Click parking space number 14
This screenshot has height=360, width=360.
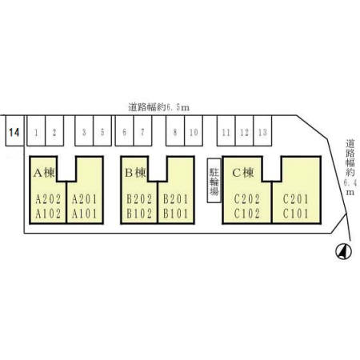pos(14,130)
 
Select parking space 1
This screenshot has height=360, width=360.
pos(36,130)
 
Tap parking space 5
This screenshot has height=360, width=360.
pos(102,130)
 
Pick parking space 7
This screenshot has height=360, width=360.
pos(142,130)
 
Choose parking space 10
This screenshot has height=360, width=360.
pos(194,130)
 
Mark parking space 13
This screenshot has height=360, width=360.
pos(262,130)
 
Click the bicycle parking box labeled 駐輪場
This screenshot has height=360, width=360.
pos(214,181)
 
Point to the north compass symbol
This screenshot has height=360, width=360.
pos(343,251)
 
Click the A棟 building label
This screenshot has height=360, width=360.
pos(44,173)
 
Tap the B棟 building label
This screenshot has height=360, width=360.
pos(136,173)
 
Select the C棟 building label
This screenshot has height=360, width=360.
pos(243,173)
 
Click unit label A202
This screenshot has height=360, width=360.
pos(48,199)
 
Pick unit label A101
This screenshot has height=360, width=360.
pos(84,214)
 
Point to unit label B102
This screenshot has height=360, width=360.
pos(139,214)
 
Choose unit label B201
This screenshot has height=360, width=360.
pos(176,199)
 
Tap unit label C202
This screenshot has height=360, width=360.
pos(247,199)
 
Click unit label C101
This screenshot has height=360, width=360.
pos(295,214)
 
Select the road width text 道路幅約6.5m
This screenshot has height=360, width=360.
pos(159,107)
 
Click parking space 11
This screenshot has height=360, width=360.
pos(226,130)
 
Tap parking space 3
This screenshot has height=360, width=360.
pos(84,130)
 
